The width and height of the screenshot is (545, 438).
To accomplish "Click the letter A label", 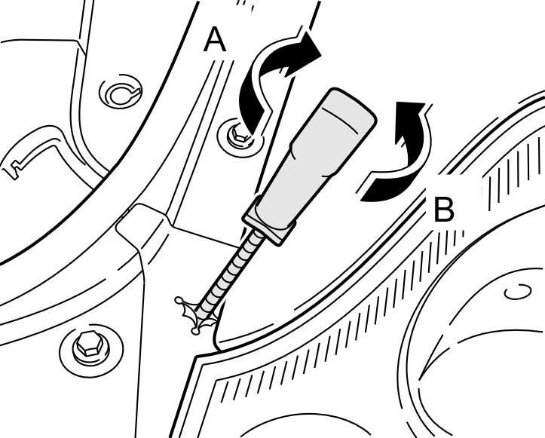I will coord(215,40).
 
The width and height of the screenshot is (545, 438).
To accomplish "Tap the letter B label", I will coord(444,210).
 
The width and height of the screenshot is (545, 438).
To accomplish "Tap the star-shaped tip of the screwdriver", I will coord(194,313).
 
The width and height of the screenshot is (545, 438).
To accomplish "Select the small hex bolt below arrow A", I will coord(239,136).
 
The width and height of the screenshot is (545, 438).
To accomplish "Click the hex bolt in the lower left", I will coord(86,346).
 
